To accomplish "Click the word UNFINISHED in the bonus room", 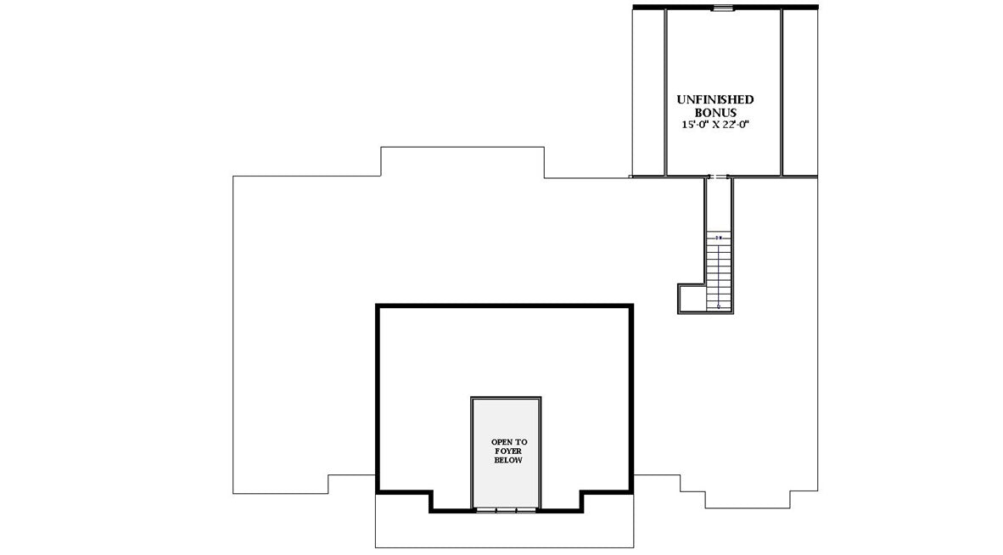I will (x=714, y=99).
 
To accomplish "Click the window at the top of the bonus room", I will (x=722, y=8).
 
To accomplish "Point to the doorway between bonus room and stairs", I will (x=718, y=177).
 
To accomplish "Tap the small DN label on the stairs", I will (x=719, y=238).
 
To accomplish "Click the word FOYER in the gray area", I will (x=506, y=451).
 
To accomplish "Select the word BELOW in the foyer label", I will (x=506, y=460).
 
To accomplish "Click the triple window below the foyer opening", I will (x=506, y=510).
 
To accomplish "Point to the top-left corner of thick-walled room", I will (x=378, y=306).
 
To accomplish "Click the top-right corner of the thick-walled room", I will (x=630, y=306).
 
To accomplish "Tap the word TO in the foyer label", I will (x=521, y=442).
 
